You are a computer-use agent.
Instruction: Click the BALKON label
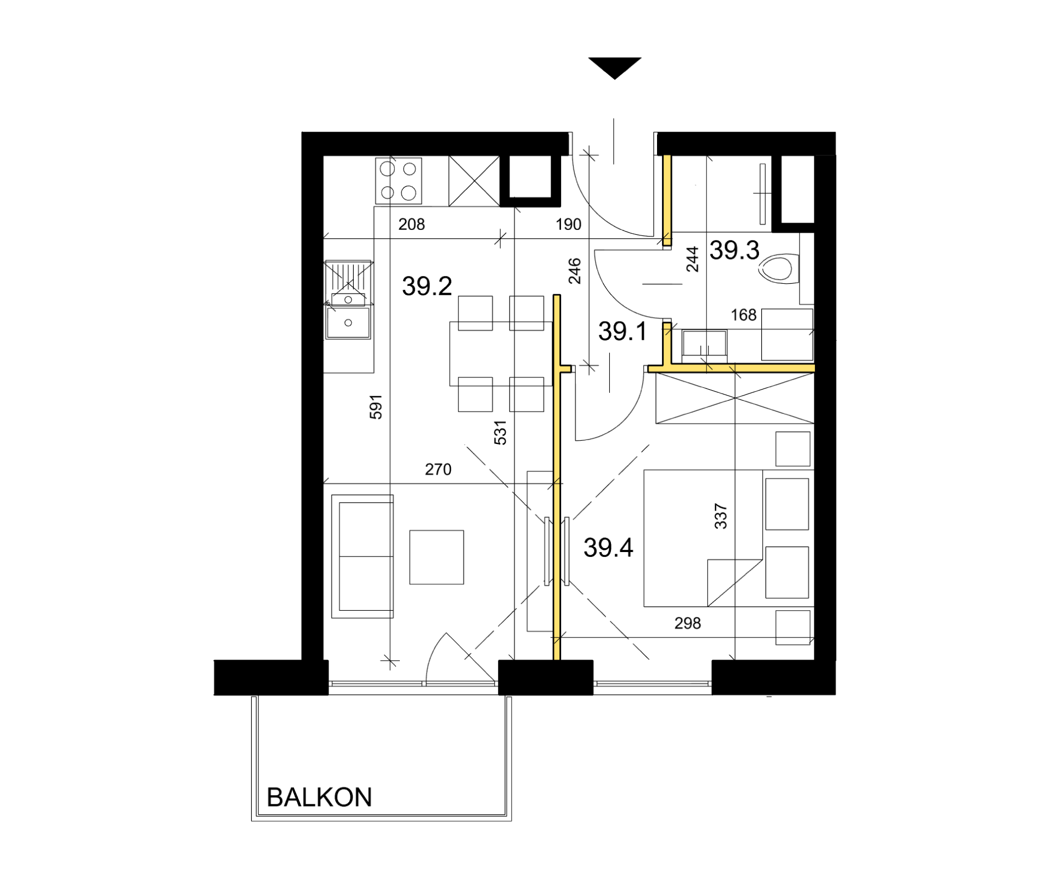pyautogui.click(x=319, y=797)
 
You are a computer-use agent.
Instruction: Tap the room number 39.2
pyautogui.click(x=427, y=286)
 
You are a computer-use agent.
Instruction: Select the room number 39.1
pyautogui.click(x=622, y=331)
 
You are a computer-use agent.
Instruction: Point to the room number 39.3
pyautogui.click(x=734, y=250)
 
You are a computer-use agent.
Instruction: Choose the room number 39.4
pyautogui.click(x=608, y=548)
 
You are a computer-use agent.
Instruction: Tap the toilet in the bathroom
pyautogui.click(x=779, y=269)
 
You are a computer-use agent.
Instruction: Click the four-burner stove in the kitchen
pyautogui.click(x=399, y=181)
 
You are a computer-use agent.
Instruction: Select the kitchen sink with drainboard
pyautogui.click(x=348, y=300)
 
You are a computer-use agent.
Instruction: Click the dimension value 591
pyautogui.click(x=376, y=407)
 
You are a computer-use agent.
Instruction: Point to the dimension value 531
pyautogui.click(x=500, y=432)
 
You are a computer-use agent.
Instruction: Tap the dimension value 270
pyautogui.click(x=438, y=469)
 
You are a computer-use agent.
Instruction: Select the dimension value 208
pyautogui.click(x=411, y=224)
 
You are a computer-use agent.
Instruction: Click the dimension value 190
pyautogui.click(x=568, y=224)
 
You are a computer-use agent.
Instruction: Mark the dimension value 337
pyautogui.click(x=721, y=516)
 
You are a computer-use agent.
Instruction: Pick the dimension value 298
pyautogui.click(x=688, y=623)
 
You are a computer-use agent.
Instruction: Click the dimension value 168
pyautogui.click(x=744, y=315)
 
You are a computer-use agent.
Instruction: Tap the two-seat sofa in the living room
pyautogui.click(x=363, y=556)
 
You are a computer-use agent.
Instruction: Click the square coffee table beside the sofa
pyautogui.click(x=437, y=557)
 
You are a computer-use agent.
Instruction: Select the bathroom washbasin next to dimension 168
pyautogui.click(x=704, y=345)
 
